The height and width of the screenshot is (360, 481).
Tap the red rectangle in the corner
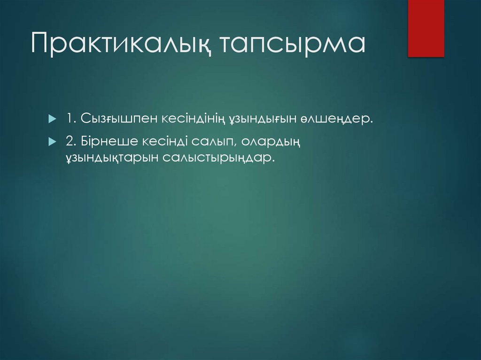click(426, 29)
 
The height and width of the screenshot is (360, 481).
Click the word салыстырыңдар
click(217, 158)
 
